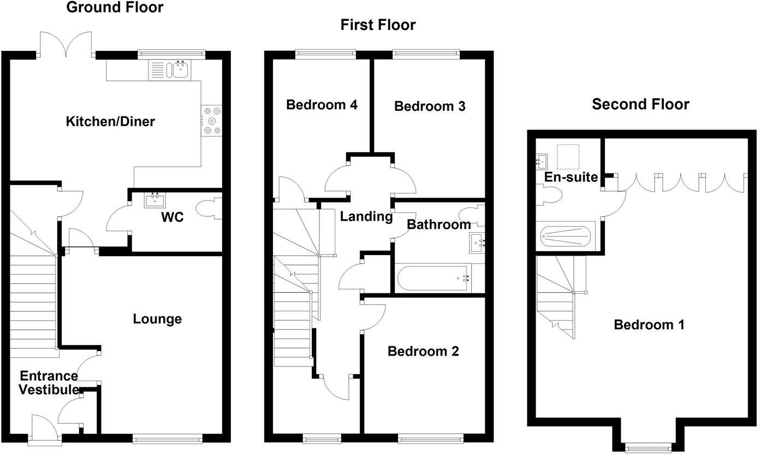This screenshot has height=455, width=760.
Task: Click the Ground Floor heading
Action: click(115, 8)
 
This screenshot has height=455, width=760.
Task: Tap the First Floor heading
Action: click(378, 25)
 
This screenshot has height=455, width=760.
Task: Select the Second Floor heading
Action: click(640, 104)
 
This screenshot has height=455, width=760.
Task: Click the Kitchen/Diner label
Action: click(110, 121)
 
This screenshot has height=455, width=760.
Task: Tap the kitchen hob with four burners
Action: click(211, 121)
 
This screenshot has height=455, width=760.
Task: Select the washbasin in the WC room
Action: click(155, 200)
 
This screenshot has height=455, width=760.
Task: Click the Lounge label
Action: click(157, 319)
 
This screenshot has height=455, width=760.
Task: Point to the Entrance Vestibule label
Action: click(49, 383)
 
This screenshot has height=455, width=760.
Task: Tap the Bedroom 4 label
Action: click(322, 104)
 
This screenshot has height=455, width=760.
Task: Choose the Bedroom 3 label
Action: click(430, 107)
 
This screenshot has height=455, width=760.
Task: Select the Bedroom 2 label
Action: click(423, 351)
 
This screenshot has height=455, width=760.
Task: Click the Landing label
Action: click(366, 217)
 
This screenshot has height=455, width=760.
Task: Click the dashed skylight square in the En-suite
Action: click(568, 157)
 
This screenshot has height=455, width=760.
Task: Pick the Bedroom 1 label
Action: click(649, 325)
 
